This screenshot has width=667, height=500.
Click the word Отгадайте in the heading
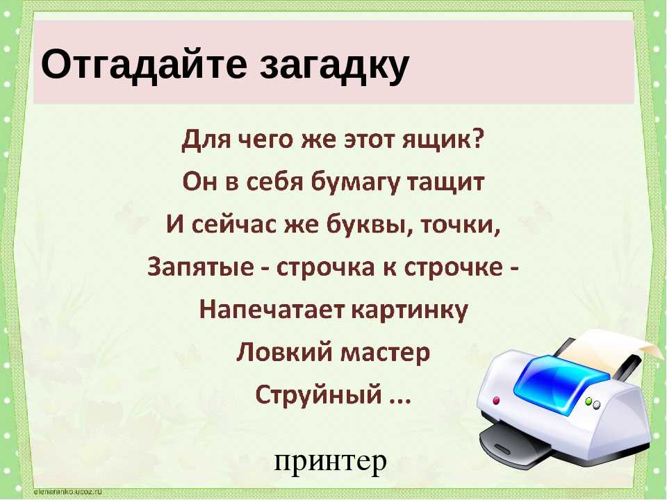pos(144,65)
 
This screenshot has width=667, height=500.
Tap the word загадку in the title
pos(334,67)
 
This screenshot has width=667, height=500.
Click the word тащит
pos(446,183)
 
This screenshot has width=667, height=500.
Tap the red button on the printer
pos(496,400)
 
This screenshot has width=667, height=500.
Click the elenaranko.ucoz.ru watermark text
pos(67,492)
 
